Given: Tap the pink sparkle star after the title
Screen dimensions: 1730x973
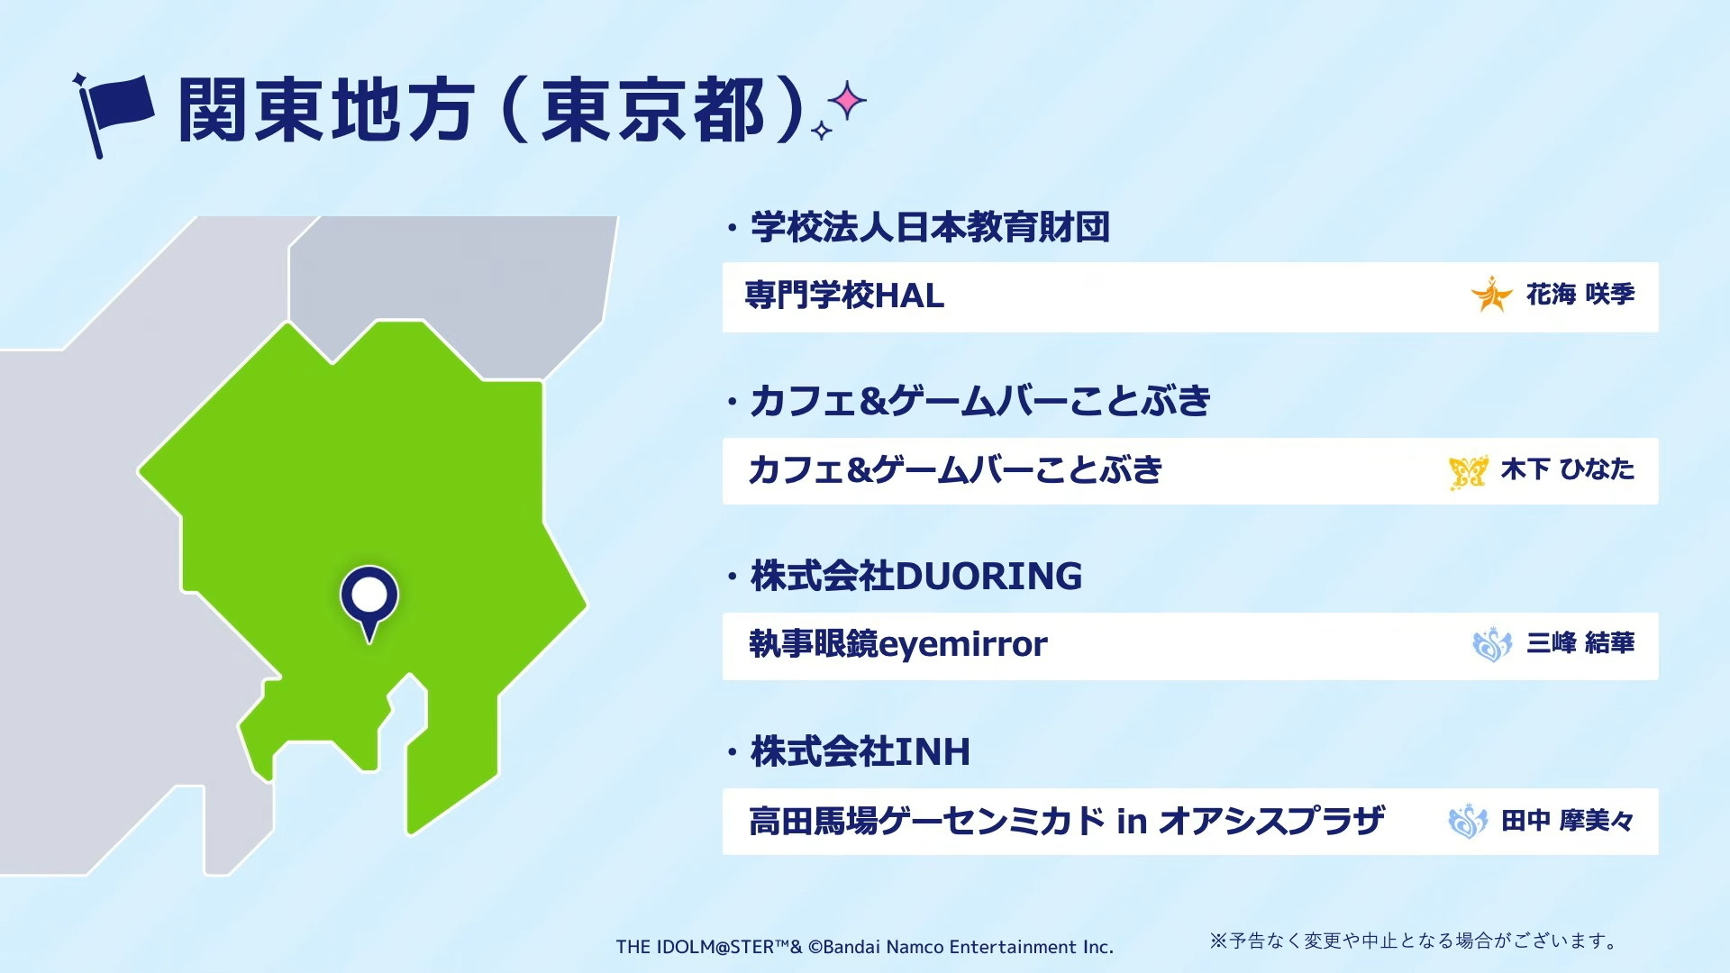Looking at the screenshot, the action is coord(847,101).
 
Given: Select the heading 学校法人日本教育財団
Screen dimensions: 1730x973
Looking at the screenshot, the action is coord(930,227).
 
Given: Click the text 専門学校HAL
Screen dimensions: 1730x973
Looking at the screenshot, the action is coord(844,296).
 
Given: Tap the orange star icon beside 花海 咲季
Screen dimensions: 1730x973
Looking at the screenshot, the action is coord(1491,295).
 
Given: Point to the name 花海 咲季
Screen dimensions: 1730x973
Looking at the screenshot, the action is coord(1580,295).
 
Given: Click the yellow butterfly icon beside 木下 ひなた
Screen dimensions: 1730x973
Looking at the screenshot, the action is coord(1468,471).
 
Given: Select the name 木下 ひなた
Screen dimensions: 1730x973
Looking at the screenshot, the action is coord(1568,469).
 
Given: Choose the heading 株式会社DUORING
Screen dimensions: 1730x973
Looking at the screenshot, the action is coord(916,576).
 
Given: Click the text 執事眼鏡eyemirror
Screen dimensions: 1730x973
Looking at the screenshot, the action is coord(898,644).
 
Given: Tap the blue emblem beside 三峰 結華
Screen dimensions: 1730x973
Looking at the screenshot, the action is coord(1492,644).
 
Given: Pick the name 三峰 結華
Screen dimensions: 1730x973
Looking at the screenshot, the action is coord(1580,643).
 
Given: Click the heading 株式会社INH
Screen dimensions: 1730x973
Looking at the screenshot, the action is coord(860,751).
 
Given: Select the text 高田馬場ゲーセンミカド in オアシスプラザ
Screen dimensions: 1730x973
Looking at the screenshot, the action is coord(1067,821).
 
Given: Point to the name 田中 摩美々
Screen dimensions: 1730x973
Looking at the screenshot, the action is coord(1568,821).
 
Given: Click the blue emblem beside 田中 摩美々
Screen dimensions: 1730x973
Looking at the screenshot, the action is coord(1468,821).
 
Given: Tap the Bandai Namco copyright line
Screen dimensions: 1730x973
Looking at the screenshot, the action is coord(865,947).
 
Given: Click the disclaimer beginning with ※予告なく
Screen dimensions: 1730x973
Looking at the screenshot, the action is coord(1413,941).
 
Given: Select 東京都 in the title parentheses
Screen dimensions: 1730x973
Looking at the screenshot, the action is coord(653,110).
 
